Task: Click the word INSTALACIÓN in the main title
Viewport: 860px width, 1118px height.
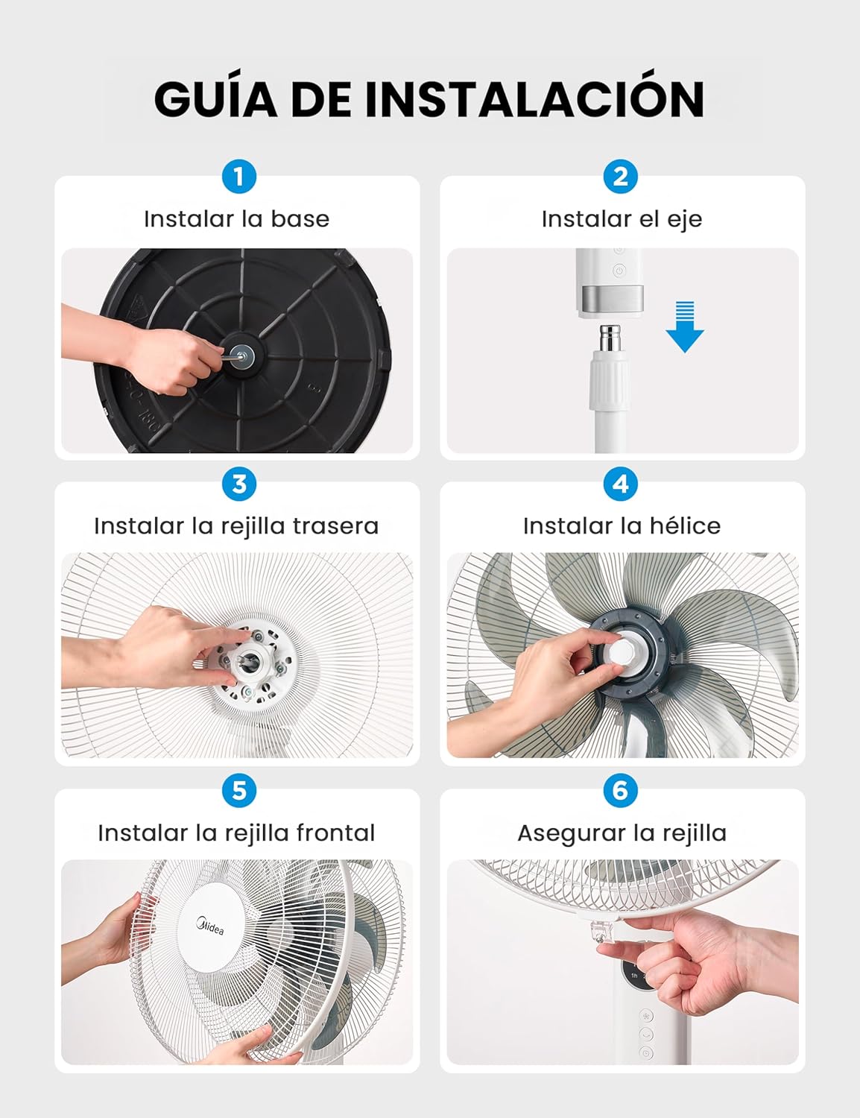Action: pos(534,99)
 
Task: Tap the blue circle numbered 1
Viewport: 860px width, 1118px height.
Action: pos(239,177)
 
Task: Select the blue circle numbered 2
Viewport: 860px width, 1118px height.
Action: pos(620,177)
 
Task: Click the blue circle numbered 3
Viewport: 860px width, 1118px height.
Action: pos(239,484)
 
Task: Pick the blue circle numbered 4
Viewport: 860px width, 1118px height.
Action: pos(620,484)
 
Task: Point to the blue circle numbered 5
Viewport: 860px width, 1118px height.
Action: pos(239,791)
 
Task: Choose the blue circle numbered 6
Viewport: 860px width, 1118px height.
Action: pos(620,791)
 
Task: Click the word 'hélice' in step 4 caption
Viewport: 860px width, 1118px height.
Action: pos(684,526)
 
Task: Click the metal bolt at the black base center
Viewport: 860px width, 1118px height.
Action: pos(241,355)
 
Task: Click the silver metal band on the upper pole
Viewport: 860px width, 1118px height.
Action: pos(611,299)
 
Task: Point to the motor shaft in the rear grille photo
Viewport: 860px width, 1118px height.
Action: pos(247,659)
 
